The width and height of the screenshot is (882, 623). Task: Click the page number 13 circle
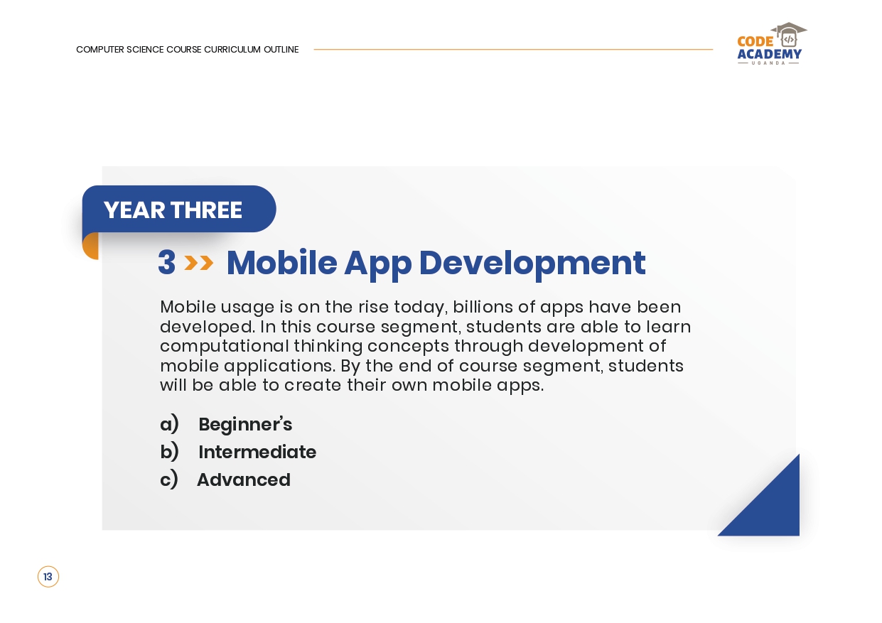click(48, 577)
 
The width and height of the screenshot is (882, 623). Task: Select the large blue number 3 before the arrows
click(166, 262)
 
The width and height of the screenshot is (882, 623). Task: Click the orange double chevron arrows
click(199, 263)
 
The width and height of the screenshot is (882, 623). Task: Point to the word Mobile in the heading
click(282, 263)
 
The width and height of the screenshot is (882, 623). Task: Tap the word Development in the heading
click(532, 264)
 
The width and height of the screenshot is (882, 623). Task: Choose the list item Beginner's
click(245, 424)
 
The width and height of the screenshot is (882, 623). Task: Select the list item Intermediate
click(257, 452)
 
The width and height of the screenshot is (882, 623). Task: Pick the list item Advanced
click(244, 480)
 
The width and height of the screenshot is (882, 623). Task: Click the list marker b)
click(169, 451)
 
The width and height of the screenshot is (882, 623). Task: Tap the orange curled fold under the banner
click(91, 247)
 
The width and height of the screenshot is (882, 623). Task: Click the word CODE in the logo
click(755, 42)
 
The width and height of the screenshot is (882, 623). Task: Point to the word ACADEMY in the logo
click(770, 54)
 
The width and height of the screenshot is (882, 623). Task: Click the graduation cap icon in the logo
click(789, 35)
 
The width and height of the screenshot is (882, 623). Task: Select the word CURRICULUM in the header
click(232, 50)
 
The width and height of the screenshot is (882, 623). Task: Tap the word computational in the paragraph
click(225, 347)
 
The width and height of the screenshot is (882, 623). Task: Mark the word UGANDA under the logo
click(768, 63)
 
